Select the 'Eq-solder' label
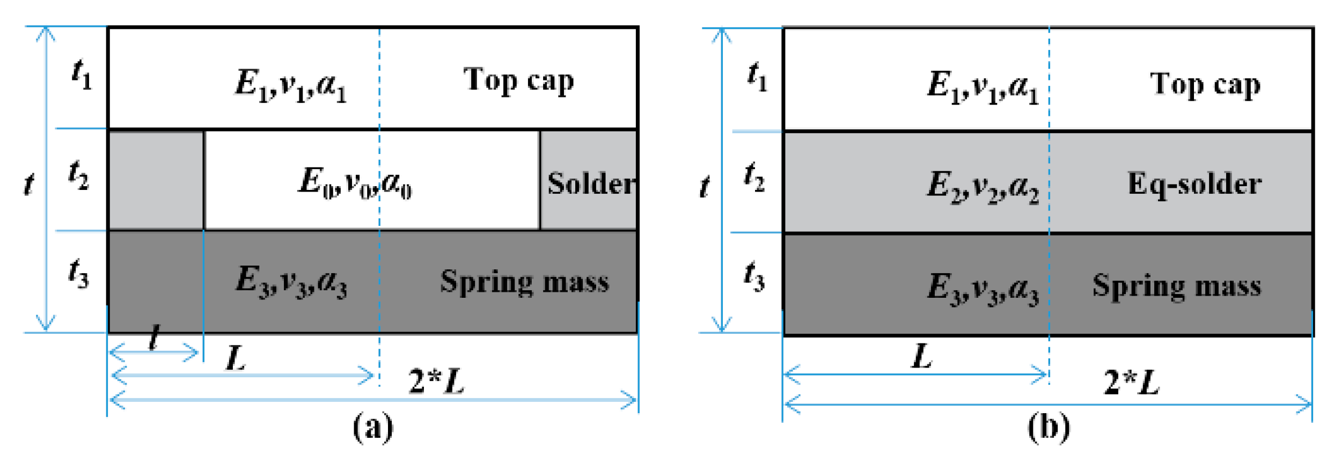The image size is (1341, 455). click(1195, 184)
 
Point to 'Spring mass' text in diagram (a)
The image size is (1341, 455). click(524, 282)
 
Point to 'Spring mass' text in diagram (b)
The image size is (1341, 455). click(1176, 285)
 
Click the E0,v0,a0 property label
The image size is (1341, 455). click(355, 182)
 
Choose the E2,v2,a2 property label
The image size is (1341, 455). click(983, 186)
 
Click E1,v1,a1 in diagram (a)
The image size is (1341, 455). click(291, 85)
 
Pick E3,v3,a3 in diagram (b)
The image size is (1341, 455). click(983, 288)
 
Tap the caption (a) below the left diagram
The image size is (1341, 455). click(373, 428)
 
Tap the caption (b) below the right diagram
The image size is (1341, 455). click(1049, 428)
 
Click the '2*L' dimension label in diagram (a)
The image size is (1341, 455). click(436, 381)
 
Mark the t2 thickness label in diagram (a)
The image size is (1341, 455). click(78, 175)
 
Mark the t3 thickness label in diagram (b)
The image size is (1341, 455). click(754, 276)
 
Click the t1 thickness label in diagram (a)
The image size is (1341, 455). click(82, 74)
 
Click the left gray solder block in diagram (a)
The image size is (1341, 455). click(156, 180)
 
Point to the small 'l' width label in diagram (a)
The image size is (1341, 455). click(154, 338)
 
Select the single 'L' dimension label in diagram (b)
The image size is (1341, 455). click(921, 357)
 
